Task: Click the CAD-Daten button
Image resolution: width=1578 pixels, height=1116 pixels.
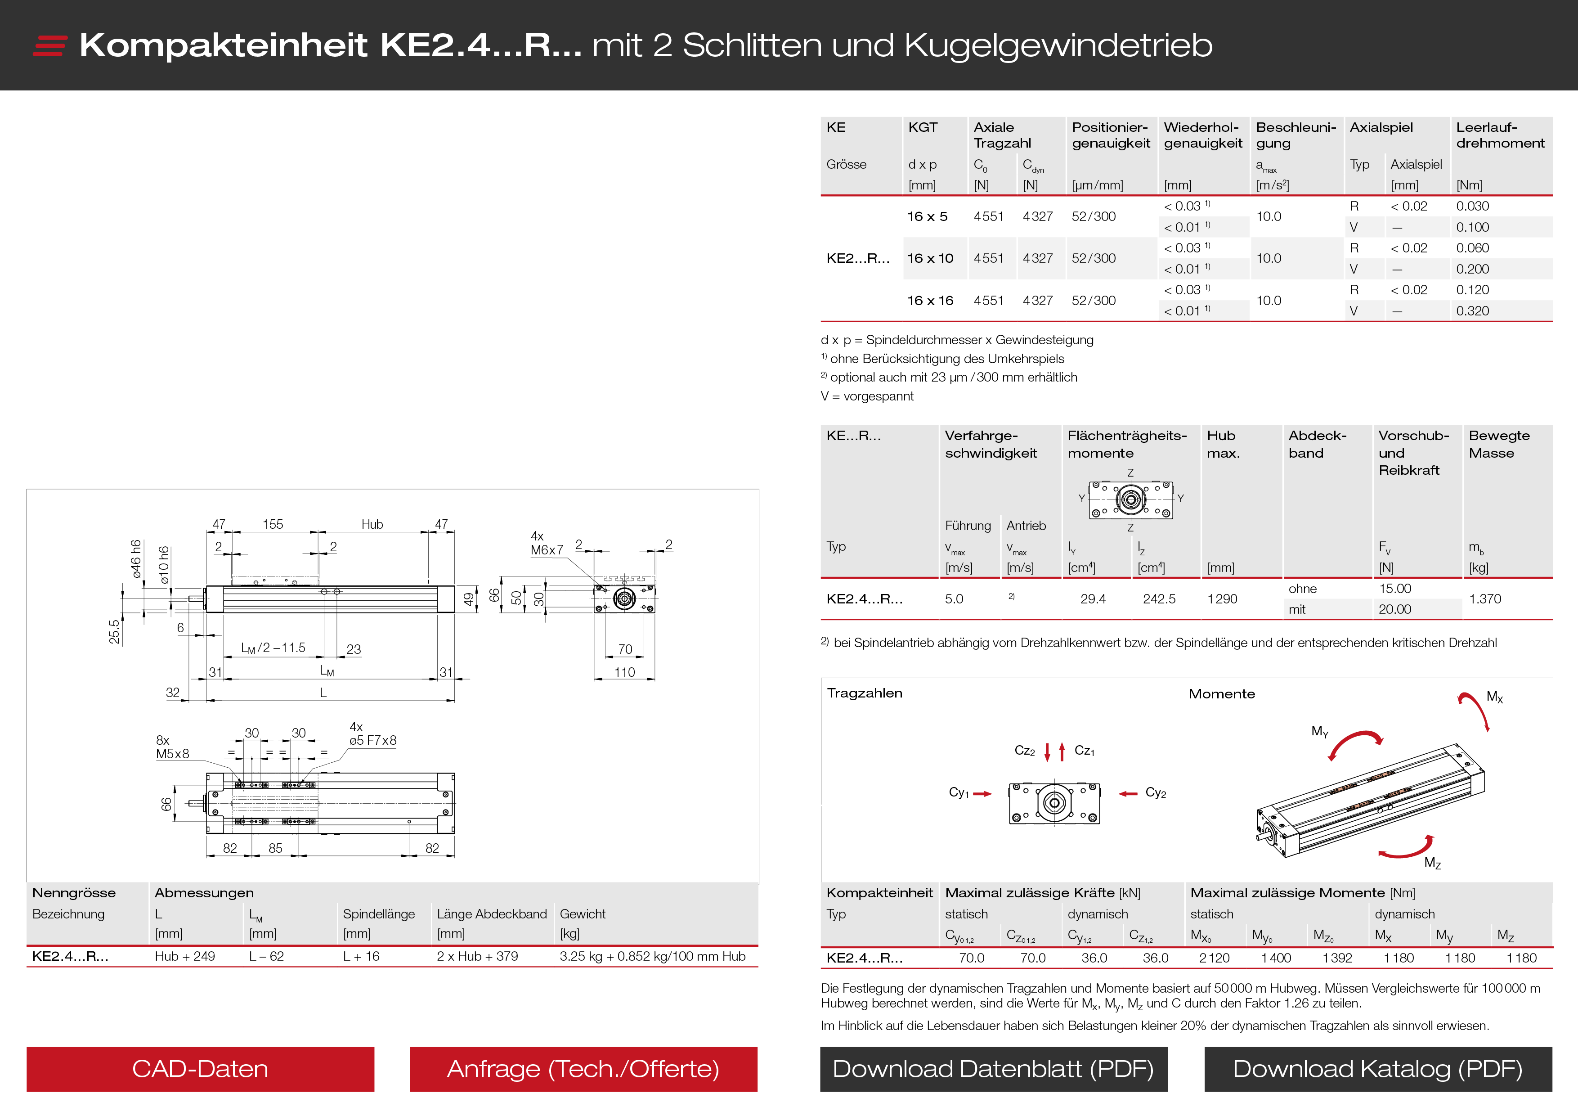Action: coord(200,1069)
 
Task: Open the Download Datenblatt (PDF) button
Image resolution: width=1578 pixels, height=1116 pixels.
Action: coord(993,1069)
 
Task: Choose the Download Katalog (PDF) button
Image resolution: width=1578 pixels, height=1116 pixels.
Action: coord(1377,1069)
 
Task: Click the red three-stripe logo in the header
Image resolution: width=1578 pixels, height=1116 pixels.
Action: coord(49,45)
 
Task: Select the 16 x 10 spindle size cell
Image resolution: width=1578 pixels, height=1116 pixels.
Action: coord(930,259)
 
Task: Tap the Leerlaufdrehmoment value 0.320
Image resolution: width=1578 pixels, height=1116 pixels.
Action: coord(1472,311)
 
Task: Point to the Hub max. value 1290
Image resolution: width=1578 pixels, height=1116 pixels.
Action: coord(1222,599)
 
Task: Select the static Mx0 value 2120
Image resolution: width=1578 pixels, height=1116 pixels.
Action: coord(1214,958)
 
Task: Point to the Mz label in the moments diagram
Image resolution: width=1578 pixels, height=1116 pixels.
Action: coord(1432,863)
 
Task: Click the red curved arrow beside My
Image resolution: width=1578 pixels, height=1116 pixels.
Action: coord(1354,742)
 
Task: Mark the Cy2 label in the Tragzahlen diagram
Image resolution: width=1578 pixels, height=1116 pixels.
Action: coord(1155,793)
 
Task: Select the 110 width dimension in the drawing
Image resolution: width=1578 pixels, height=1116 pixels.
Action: coord(624,672)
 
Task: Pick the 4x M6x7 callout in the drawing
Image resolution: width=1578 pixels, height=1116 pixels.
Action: coord(547,543)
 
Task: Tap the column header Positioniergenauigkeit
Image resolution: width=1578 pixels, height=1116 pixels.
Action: coord(1110,135)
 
